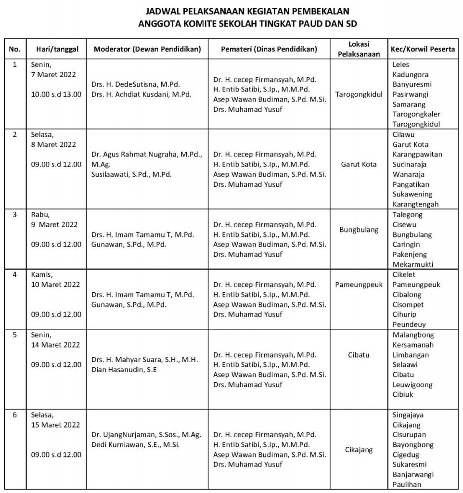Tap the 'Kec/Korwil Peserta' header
tap(423, 49)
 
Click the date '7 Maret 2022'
tap(53, 75)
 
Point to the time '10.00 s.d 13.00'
tap(56, 94)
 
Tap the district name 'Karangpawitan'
tap(417, 155)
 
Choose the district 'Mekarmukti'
tap(412, 264)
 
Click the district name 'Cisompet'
tap(409, 304)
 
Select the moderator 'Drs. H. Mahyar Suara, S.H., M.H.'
tap(145, 360)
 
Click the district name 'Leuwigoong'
tap(412, 385)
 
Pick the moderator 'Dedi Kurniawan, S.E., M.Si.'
tap(135, 444)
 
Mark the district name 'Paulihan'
tap(407, 484)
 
